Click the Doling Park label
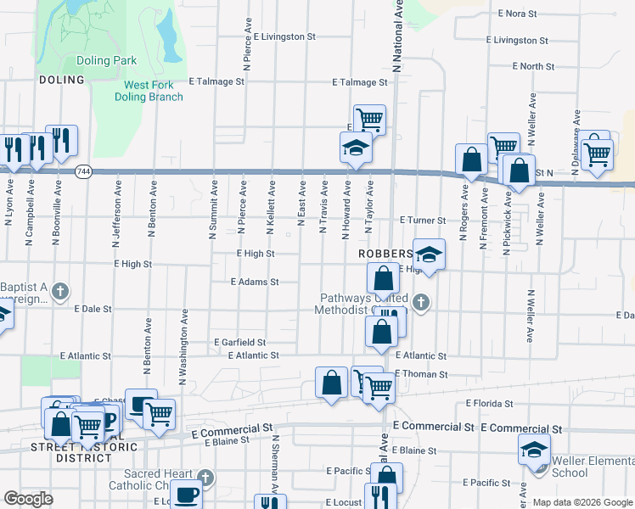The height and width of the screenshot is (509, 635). (106, 61)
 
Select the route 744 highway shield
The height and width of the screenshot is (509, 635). (82, 171)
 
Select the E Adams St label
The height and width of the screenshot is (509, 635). (255, 282)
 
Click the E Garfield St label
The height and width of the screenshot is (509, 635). (239, 343)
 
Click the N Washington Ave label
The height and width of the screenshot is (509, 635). (183, 345)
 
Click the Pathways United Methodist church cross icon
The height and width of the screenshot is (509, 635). (419, 302)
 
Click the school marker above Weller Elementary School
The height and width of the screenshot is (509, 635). (534, 450)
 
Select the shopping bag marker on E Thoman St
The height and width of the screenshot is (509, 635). (330, 382)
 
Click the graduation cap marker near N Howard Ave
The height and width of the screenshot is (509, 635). (356, 148)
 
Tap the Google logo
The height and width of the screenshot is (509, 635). (29, 499)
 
